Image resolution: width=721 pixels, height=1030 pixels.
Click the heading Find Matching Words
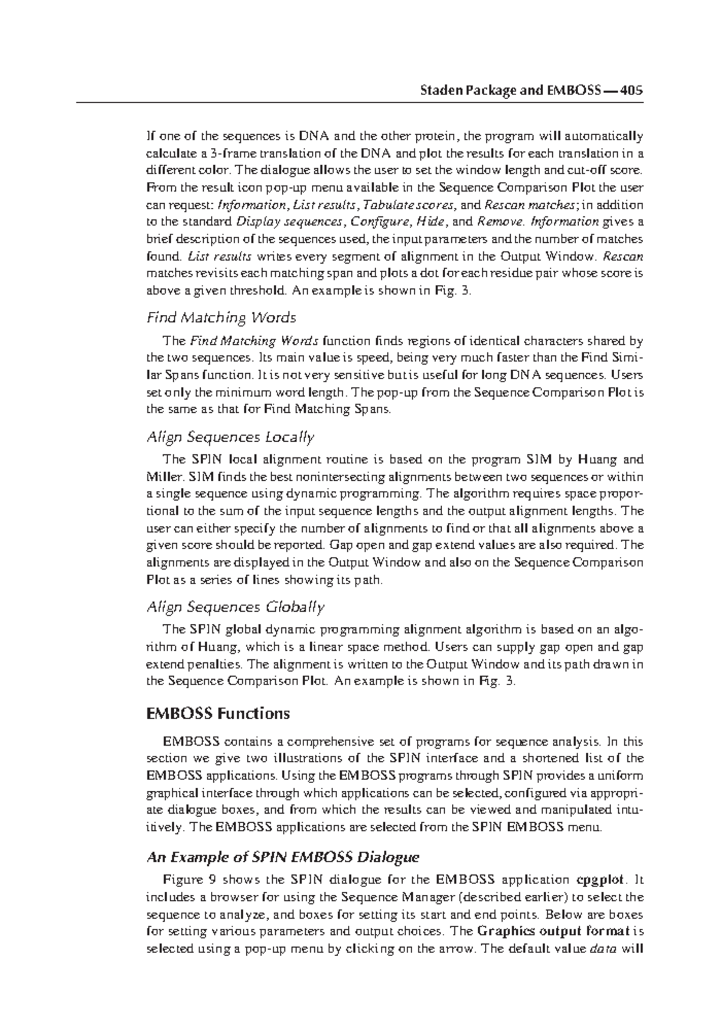click(221, 317)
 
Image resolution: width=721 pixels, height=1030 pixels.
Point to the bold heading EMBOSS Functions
click(218, 713)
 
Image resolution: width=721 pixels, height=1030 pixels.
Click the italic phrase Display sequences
click(290, 222)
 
